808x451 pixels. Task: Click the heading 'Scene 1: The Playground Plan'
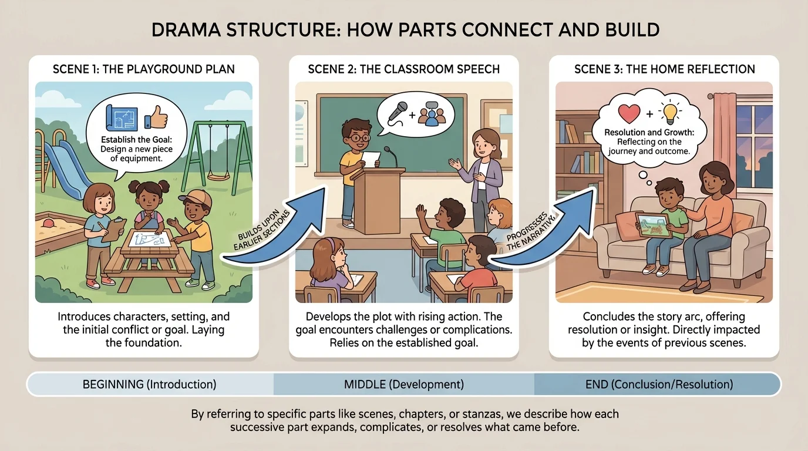point(143,69)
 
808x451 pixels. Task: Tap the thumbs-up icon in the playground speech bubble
point(156,117)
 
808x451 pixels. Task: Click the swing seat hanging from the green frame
point(218,175)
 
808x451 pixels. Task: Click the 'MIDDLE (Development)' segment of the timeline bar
point(403,385)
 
